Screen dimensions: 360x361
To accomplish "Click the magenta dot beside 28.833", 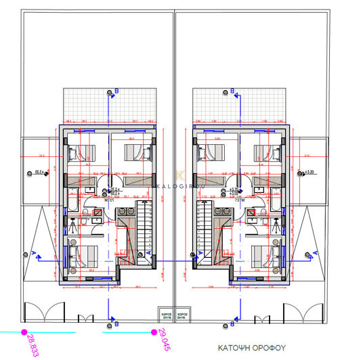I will pos(24,332).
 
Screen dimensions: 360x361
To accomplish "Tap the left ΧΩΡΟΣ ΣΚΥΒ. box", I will pos(163,315).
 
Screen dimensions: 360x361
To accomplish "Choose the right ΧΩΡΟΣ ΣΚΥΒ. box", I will pos(181,315).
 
